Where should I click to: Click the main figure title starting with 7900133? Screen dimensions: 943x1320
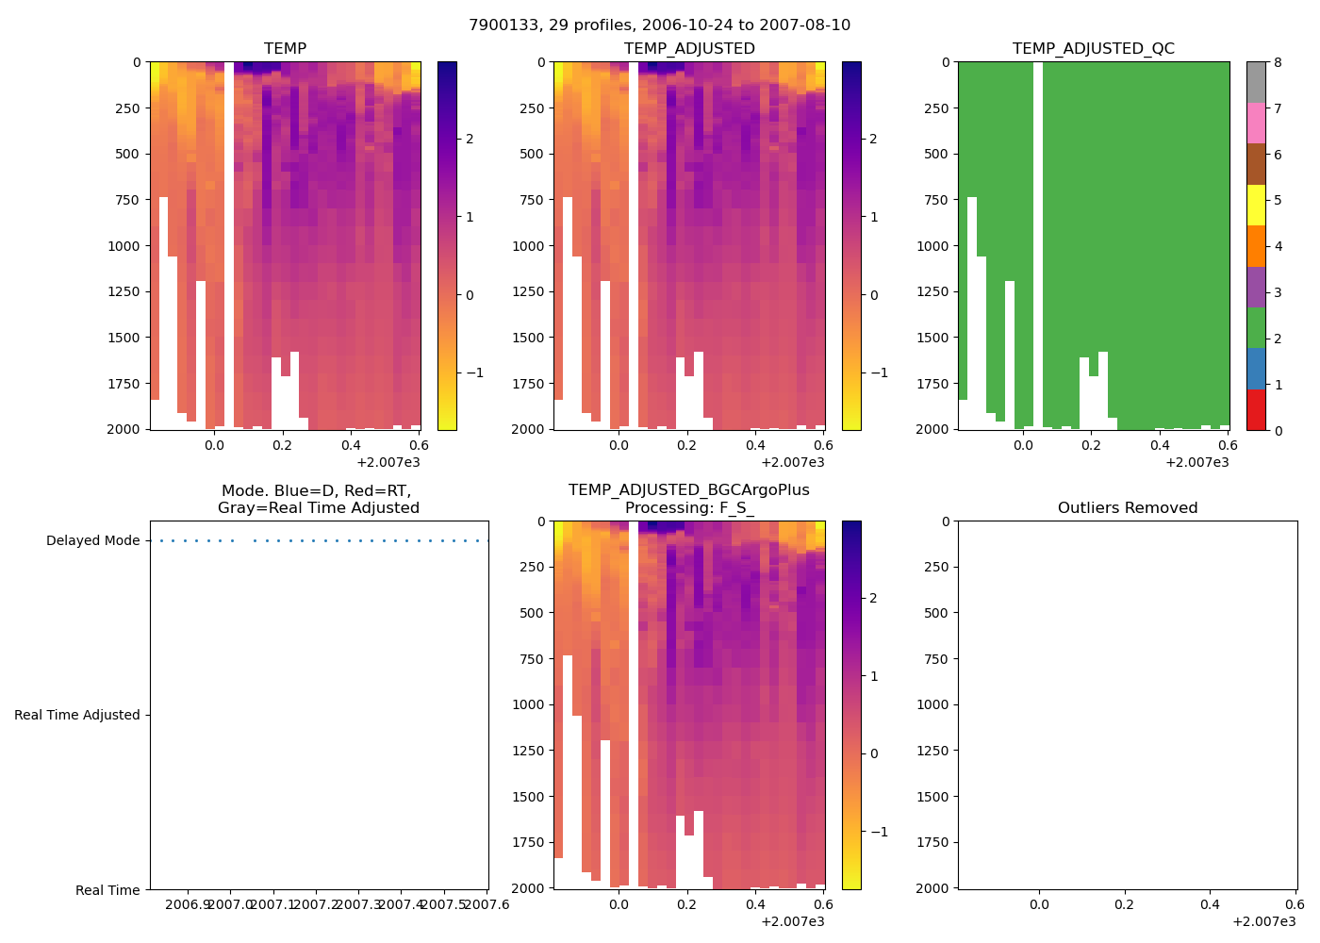[x=659, y=25]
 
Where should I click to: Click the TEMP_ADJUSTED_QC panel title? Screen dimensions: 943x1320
[x=1093, y=49]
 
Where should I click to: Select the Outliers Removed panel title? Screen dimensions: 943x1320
[x=1127, y=508]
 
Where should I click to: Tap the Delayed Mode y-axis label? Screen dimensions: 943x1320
[x=92, y=541]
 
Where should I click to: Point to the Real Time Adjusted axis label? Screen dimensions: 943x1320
[x=77, y=716]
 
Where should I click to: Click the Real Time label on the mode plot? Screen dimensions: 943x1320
[x=107, y=890]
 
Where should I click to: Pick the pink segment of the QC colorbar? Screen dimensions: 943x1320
[x=1256, y=124]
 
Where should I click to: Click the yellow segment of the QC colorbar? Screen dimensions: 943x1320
[x=1256, y=206]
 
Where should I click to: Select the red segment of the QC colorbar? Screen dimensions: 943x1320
[x=1256, y=410]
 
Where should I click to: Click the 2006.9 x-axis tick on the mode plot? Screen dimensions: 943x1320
[x=188, y=905]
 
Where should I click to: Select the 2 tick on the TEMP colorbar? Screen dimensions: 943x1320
[x=470, y=140]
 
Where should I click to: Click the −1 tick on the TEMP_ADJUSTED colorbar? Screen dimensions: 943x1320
[x=875, y=373]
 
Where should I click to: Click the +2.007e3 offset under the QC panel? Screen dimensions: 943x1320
[x=1196, y=462]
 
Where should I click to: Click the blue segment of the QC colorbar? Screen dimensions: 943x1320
[x=1256, y=369]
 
